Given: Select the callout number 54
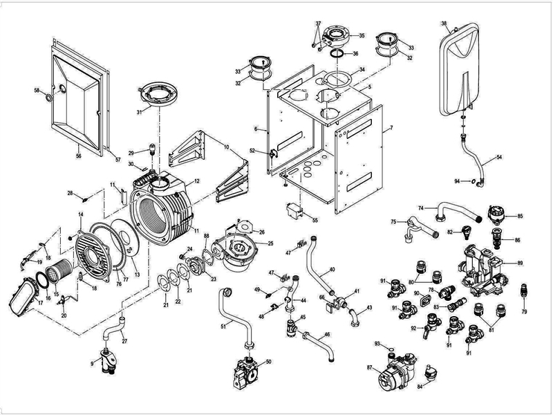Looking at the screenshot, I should (x=499, y=158).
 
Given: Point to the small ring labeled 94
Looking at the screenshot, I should (x=472, y=182).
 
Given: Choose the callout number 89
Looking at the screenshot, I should (x=520, y=264).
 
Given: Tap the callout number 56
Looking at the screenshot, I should (x=78, y=156).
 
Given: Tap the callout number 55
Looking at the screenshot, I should (x=315, y=220).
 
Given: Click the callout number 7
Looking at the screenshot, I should (x=391, y=129).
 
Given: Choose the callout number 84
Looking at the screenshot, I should (x=421, y=387).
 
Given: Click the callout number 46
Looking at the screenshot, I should (x=327, y=334).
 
